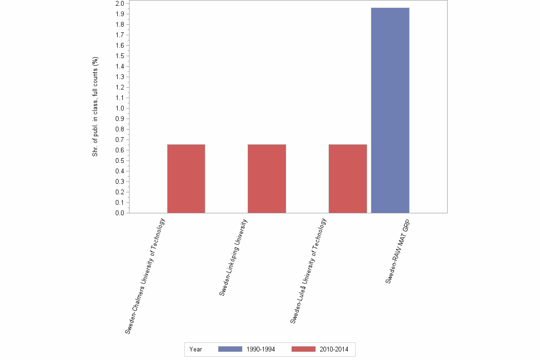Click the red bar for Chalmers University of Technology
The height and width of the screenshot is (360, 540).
click(x=186, y=179)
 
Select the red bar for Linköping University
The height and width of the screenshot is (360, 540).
click(x=267, y=179)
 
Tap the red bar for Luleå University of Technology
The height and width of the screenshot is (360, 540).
click(x=348, y=179)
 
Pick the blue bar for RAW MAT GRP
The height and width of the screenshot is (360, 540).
click(x=390, y=110)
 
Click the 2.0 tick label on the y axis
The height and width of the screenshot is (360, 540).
click(x=120, y=4)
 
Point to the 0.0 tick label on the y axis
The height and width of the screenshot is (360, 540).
click(x=120, y=213)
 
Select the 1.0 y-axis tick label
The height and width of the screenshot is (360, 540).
click(x=120, y=109)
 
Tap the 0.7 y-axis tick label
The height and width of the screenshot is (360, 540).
click(x=120, y=140)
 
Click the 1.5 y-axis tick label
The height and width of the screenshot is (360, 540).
click(x=120, y=56)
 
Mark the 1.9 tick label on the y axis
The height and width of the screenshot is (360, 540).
click(x=120, y=14)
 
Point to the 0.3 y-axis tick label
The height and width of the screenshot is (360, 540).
click(x=120, y=182)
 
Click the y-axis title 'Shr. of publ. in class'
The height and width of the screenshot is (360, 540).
click(x=96, y=107)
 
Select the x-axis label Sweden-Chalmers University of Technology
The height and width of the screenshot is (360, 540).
click(x=145, y=275)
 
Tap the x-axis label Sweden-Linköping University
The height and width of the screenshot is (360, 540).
click(x=233, y=257)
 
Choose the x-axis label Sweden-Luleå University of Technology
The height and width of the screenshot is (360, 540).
click(x=308, y=270)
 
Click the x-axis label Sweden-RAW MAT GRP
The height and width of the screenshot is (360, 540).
click(x=400, y=251)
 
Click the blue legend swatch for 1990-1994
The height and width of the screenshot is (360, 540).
click(x=230, y=349)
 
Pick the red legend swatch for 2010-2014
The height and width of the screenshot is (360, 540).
click(x=302, y=349)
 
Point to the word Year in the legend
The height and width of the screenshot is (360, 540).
click(x=196, y=350)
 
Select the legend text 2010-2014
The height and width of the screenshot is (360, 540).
click(x=334, y=350)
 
